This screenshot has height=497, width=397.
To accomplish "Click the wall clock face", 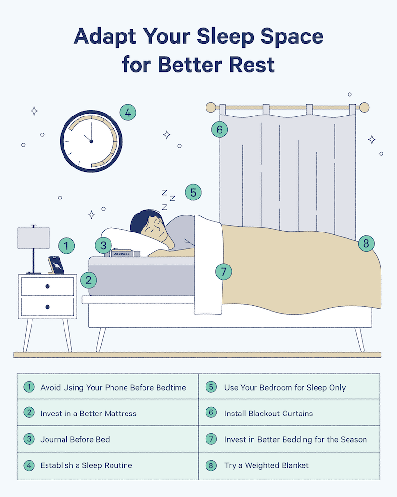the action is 91,141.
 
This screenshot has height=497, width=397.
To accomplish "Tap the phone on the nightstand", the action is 56,265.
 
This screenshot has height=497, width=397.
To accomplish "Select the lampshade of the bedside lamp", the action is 33,238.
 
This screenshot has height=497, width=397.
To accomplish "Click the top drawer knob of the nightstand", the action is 48,286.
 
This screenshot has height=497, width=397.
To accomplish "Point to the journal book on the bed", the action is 122,253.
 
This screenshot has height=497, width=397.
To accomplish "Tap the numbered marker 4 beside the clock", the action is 128,113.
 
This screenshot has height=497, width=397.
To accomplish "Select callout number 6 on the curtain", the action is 220,129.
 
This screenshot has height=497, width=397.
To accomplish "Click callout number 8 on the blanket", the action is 366,244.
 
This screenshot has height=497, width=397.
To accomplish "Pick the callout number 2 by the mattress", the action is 89,280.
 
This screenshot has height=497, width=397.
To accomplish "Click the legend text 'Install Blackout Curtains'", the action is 269,414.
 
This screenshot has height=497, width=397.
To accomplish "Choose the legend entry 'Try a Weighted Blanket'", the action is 266,465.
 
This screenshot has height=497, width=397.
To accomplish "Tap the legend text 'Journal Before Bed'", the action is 75,439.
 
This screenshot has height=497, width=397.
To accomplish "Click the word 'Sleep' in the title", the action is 225,37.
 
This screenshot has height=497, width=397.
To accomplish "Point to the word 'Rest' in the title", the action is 252,65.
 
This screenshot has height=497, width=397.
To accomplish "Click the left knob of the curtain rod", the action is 211,107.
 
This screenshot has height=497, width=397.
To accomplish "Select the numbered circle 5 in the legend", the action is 211,387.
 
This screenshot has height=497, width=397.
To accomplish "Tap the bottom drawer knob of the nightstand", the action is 48,307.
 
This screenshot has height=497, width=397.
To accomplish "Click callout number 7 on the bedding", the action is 223,272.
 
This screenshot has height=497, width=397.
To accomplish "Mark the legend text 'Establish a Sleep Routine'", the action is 86,465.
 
